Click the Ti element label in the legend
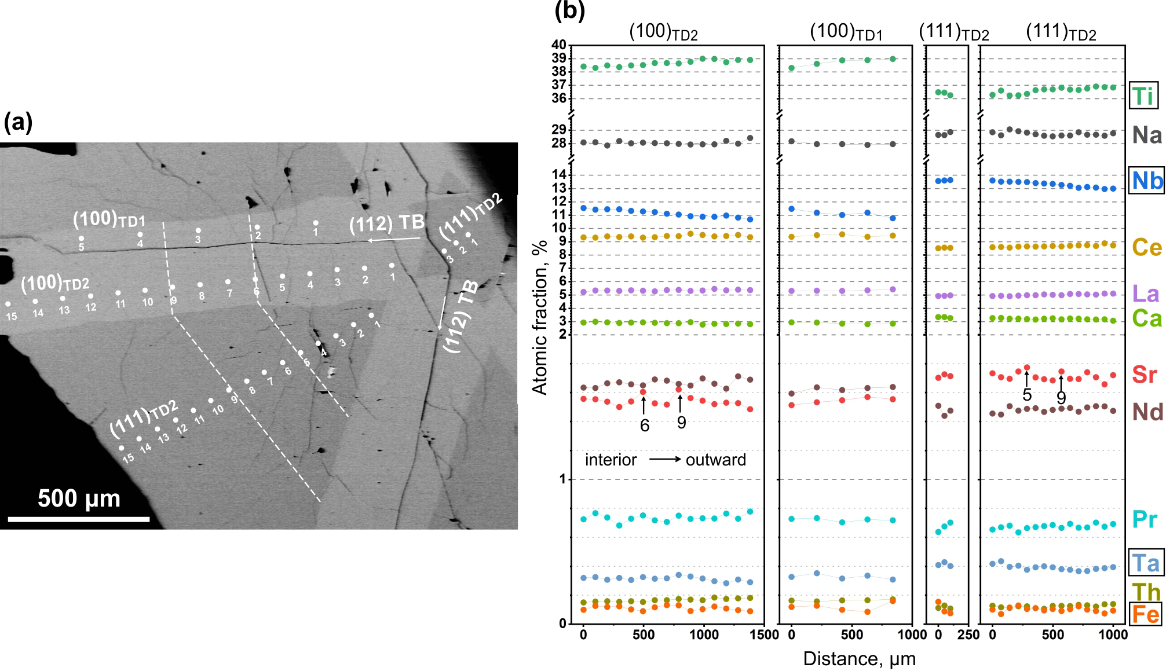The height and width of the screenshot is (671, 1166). point(1143,96)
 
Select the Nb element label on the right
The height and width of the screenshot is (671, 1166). point(1147,181)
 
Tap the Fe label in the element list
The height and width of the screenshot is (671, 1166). point(1145,614)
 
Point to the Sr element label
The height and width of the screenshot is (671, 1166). point(1145,375)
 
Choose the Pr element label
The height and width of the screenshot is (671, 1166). point(1145,519)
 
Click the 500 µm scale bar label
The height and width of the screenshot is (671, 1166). point(79,498)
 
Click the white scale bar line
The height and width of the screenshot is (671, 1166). point(79,519)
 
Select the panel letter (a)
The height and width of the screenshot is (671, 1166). point(18,123)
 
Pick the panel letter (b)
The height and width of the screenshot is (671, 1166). point(569,10)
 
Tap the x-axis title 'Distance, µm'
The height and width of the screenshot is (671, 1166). point(859,659)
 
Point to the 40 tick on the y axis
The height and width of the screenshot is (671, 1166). point(559,45)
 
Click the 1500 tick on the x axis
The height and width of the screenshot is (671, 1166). point(763,635)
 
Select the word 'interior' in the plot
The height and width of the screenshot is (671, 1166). point(611,460)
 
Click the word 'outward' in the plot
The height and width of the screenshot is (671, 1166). point(716,460)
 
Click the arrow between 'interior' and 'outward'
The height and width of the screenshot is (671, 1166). point(666,460)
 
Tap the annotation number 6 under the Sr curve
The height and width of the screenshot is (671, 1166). point(645,426)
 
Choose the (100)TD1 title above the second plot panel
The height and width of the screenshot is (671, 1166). point(846,32)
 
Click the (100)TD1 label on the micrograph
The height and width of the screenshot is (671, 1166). point(109,220)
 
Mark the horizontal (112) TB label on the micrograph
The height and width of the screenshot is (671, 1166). point(387,224)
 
